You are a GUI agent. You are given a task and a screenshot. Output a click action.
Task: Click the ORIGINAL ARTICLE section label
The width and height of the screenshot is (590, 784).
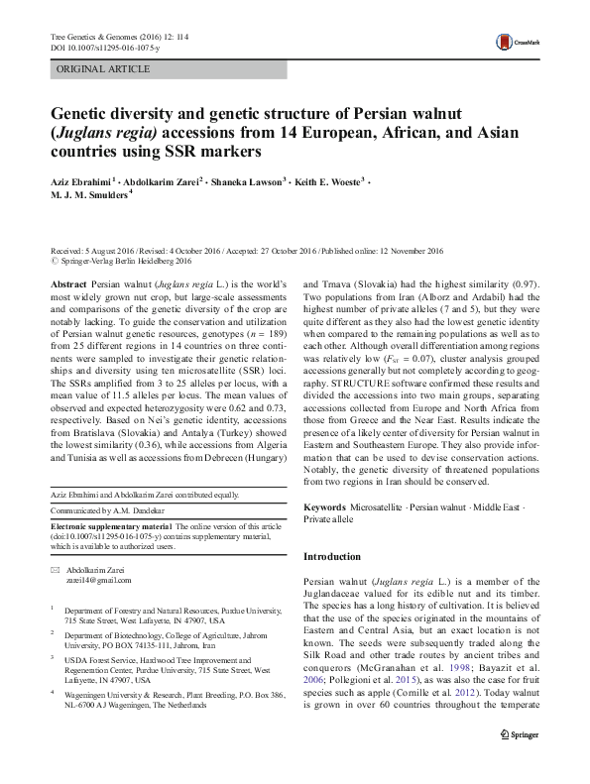104,69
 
